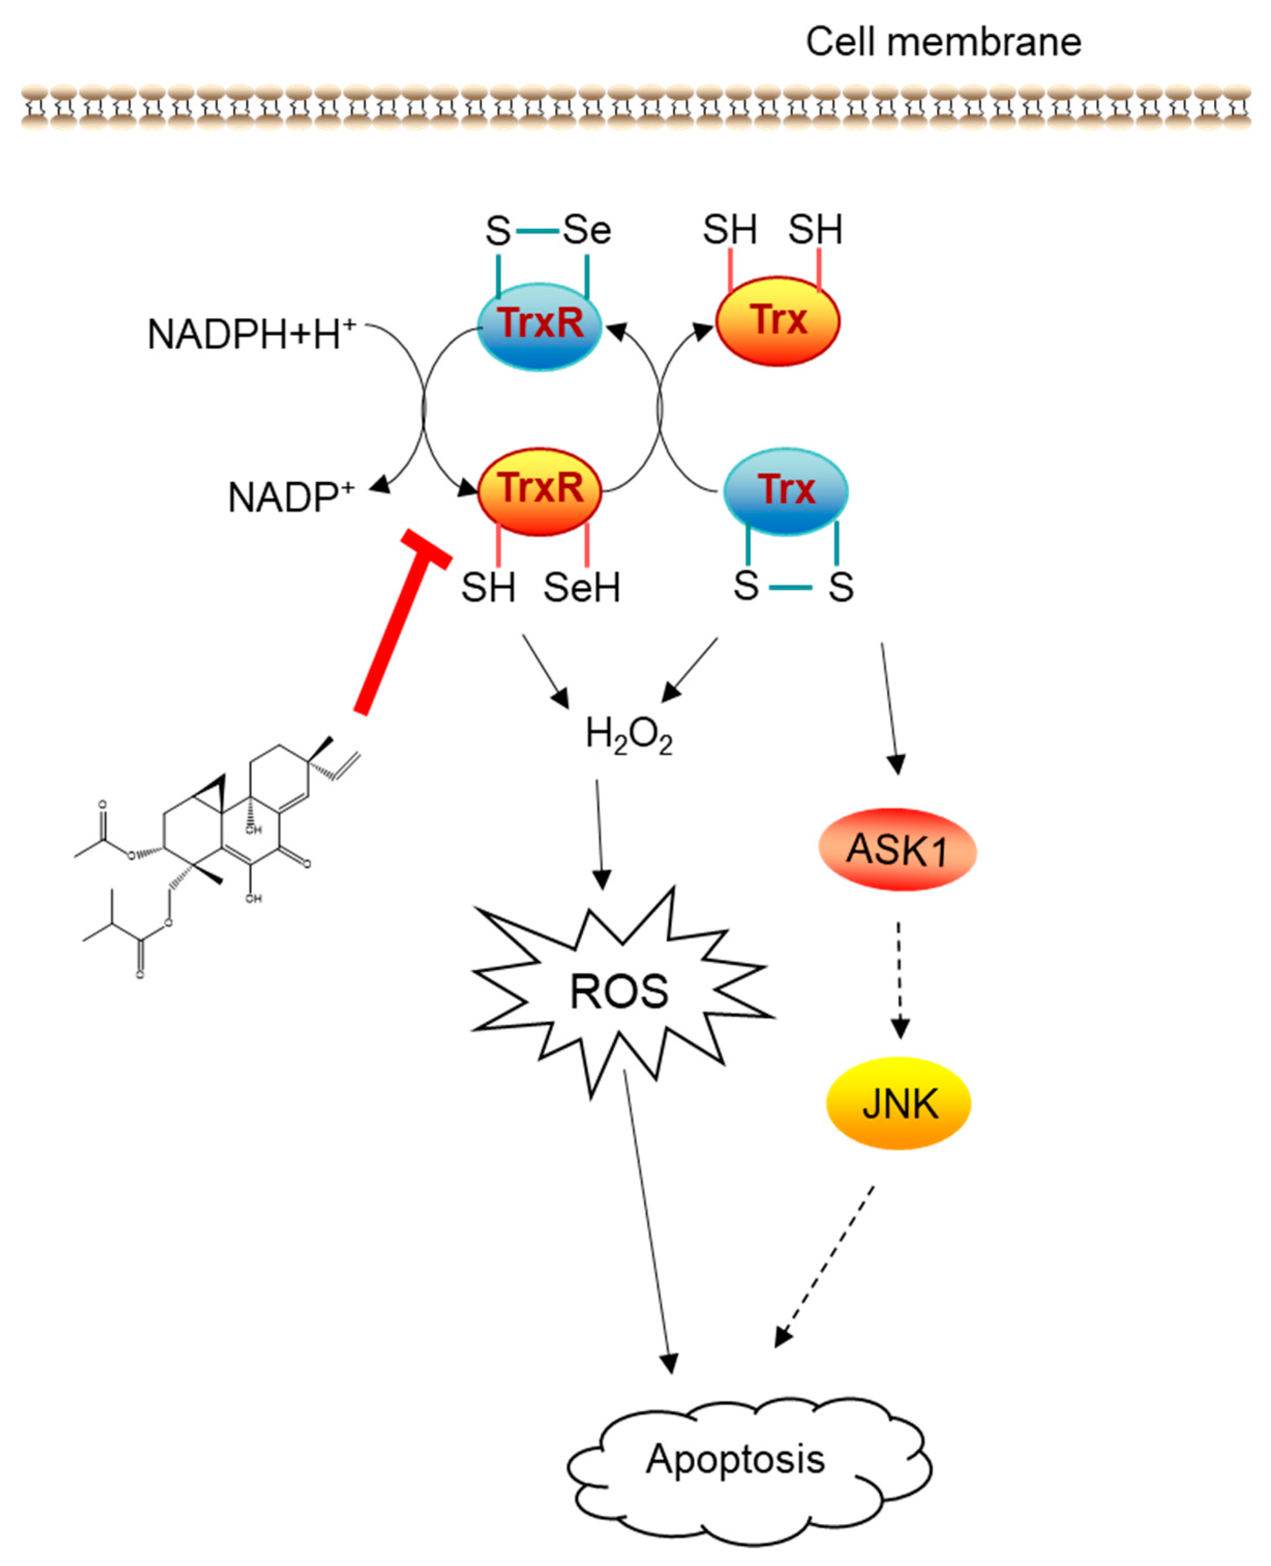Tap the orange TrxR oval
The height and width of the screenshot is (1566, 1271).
click(540, 492)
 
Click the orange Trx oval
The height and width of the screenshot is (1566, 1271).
click(778, 321)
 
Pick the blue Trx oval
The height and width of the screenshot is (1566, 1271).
click(786, 492)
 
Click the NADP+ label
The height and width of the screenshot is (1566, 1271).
click(291, 497)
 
